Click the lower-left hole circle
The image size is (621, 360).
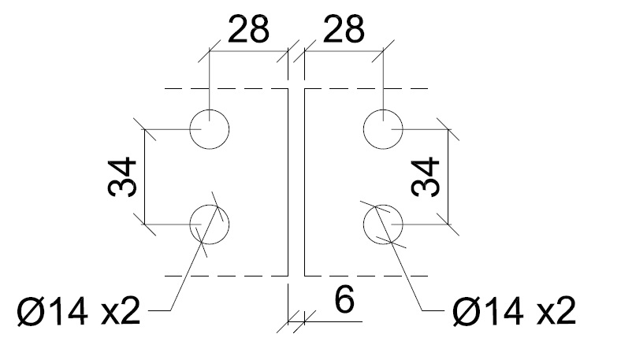tap(209, 224)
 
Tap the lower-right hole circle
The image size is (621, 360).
tap(383, 224)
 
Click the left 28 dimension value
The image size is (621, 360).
tap(248, 30)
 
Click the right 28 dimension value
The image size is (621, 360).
tap(344, 30)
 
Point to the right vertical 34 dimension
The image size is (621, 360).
tap(426, 176)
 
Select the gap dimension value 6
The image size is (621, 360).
tap(344, 301)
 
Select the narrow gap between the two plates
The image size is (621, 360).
tap(296, 181)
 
